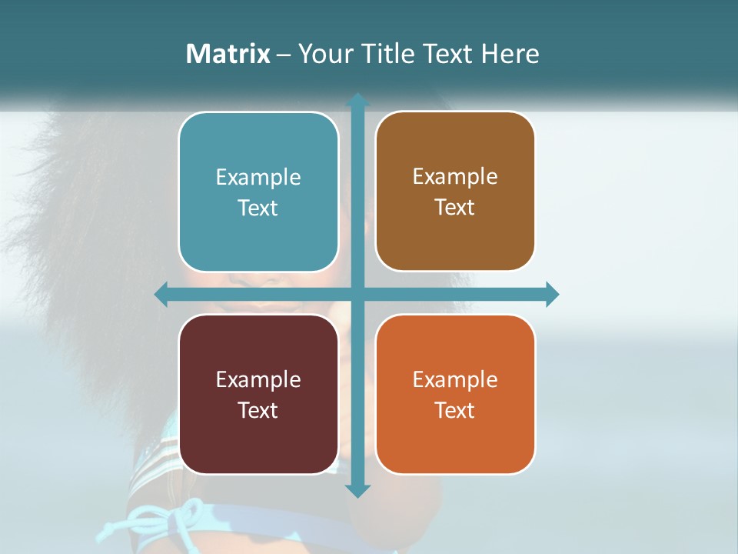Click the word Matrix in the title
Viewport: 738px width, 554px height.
tap(228, 54)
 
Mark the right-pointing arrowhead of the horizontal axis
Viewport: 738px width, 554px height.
tap(552, 295)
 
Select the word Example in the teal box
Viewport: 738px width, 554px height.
tap(258, 177)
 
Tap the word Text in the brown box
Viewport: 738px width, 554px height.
tap(455, 208)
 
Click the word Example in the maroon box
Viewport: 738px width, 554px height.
tap(258, 379)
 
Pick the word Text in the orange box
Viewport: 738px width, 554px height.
tap(455, 410)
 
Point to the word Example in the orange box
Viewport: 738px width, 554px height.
tap(455, 379)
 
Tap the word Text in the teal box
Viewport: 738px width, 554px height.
tap(258, 209)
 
